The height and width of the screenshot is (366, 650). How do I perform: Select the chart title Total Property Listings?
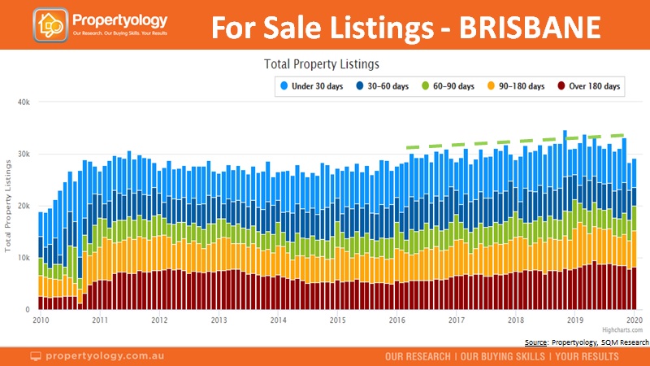coord(323,63)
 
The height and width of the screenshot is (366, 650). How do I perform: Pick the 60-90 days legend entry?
coord(449,85)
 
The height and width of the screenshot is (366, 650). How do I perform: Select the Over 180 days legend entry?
coord(587,85)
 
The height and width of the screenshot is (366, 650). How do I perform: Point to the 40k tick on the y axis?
coord(22,102)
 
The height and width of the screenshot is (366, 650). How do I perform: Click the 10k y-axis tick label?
coord(22,258)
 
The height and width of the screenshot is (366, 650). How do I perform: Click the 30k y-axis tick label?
coord(22,154)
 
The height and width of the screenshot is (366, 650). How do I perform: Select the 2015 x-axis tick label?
coord(337,320)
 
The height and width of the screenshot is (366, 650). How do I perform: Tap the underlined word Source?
coord(535,342)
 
